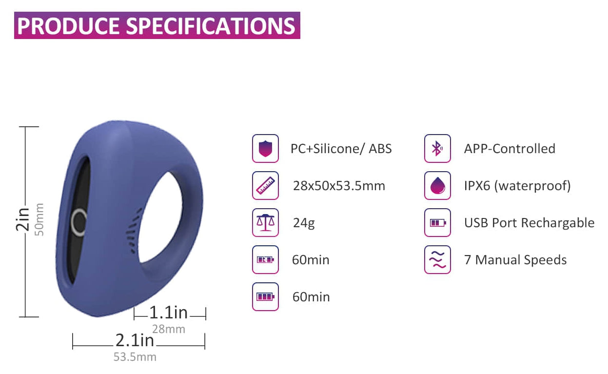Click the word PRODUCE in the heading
click(x=68, y=26)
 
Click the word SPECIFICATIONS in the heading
click(x=210, y=26)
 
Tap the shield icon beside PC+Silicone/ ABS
click(x=265, y=148)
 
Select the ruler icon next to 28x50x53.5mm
click(x=265, y=186)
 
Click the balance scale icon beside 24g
click(x=265, y=222)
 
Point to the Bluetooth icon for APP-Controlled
click(x=437, y=148)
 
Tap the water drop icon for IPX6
click(x=437, y=186)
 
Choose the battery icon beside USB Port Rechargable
click(x=437, y=222)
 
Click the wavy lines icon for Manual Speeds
click(x=437, y=260)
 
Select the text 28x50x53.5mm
click(x=339, y=186)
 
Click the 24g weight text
click(x=304, y=223)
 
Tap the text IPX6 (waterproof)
click(x=517, y=186)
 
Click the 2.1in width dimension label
click(x=135, y=340)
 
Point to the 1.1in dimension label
click(x=168, y=313)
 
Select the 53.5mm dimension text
click(x=135, y=357)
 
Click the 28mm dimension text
click(x=169, y=329)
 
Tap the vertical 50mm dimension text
click(x=39, y=219)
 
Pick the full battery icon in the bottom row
click(x=265, y=296)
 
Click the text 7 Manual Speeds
click(x=515, y=260)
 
